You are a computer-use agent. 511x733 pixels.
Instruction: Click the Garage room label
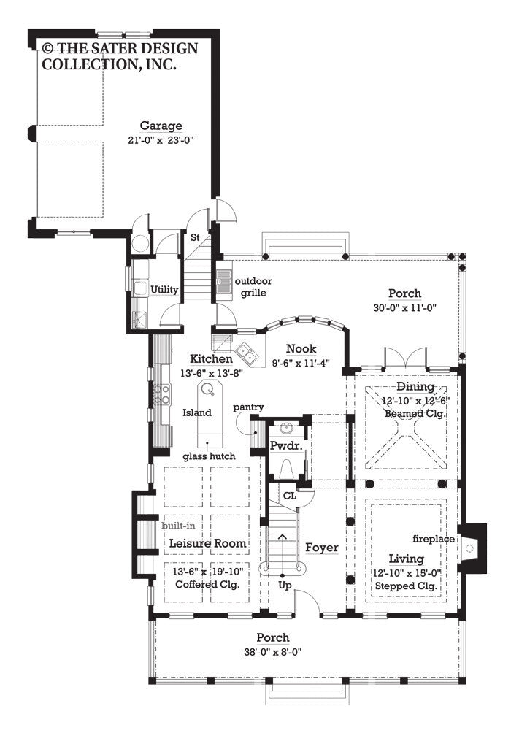pyautogui.click(x=161, y=126)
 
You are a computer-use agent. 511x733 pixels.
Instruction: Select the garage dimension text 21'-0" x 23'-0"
pyautogui.click(x=161, y=139)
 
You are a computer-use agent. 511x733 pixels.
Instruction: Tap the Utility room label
pyautogui.click(x=164, y=290)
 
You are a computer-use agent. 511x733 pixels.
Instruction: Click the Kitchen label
pyautogui.click(x=211, y=359)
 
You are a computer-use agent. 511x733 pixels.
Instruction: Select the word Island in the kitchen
pyautogui.click(x=196, y=412)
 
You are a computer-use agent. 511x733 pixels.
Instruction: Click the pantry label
pyautogui.click(x=249, y=407)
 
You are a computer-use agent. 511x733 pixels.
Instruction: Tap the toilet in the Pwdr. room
pyautogui.click(x=285, y=468)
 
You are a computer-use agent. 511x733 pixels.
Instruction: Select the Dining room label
pyautogui.click(x=415, y=386)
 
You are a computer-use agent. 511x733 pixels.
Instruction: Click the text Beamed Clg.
pyautogui.click(x=415, y=413)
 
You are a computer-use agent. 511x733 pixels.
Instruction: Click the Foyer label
pyautogui.click(x=321, y=547)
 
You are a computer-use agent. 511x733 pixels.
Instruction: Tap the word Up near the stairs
pyautogui.click(x=285, y=585)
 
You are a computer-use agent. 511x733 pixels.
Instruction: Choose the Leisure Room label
pyautogui.click(x=207, y=544)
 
